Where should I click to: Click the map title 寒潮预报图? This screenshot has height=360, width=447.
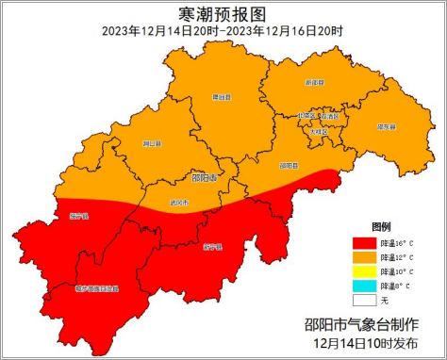223,13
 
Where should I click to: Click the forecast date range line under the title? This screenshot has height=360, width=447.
223,30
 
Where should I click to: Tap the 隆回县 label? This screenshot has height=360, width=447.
220,96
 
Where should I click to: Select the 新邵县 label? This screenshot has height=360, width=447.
314,83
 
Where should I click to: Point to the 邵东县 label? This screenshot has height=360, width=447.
387,126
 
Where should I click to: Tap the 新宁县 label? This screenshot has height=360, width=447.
213,247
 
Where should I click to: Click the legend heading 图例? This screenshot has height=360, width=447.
381,227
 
